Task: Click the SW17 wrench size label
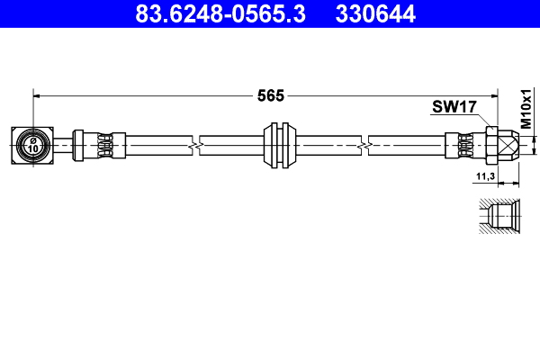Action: coord(453,108)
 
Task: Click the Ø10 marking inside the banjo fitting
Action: coord(33,144)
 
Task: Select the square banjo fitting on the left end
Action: coord(33,144)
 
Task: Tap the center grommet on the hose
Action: coord(282,144)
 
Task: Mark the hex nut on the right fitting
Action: coord(492,144)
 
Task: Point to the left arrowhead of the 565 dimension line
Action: coord(38,94)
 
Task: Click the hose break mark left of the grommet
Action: coord(195,144)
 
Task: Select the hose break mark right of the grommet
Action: coord(364,144)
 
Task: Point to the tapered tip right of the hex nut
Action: coord(510,144)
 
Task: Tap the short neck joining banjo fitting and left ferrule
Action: coord(63,144)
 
